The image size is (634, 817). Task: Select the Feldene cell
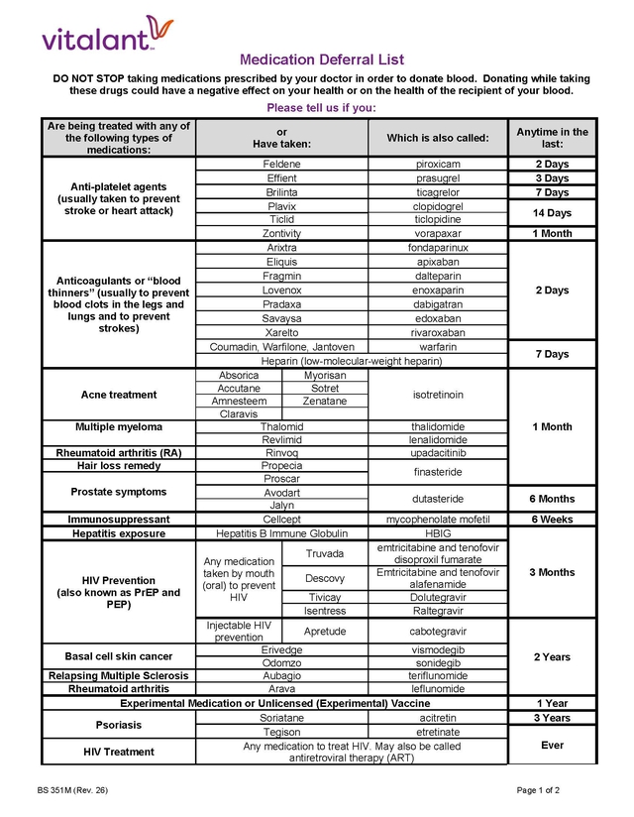pos(282,164)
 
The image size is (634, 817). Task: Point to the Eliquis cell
pos(282,262)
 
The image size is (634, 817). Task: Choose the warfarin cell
pos(438,347)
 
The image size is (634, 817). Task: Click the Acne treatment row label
pos(119,395)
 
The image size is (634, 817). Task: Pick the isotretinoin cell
pos(438,395)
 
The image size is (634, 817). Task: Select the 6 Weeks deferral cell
pos(552,520)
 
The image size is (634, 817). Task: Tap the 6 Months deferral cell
pos(552,499)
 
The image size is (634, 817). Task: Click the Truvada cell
pos(325,553)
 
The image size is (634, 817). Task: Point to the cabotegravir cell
pos(438,631)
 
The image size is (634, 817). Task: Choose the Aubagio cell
pos(282,676)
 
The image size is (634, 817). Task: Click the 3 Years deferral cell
pos(552,718)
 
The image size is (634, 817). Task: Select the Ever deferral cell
pos(552,745)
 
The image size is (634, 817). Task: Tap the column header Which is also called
pos(438,138)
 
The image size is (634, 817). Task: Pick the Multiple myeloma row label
pos(119,427)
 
